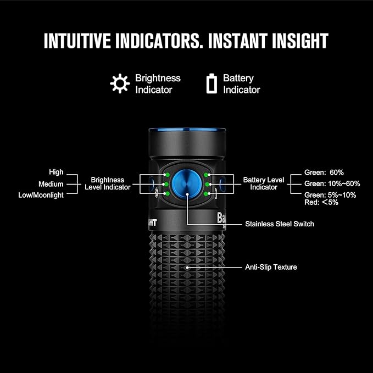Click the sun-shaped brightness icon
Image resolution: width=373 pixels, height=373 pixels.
(119, 83)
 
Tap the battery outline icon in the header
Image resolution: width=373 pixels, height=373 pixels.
(211, 83)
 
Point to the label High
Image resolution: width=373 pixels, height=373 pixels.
(56, 172)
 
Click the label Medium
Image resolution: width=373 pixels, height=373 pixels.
(51, 184)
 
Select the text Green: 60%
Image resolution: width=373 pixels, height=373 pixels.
(324, 172)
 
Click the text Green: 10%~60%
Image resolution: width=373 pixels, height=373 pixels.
(332, 183)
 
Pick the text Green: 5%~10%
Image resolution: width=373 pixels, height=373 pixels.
(330, 195)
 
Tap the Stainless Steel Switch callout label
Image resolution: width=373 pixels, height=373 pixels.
(280, 224)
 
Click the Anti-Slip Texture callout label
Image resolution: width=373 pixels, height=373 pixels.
(271, 268)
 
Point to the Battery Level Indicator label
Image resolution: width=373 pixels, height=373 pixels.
(264, 183)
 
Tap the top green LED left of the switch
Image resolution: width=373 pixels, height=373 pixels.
(166, 174)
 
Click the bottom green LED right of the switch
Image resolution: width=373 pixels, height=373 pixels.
(207, 193)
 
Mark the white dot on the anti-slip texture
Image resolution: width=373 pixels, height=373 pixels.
(187, 268)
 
